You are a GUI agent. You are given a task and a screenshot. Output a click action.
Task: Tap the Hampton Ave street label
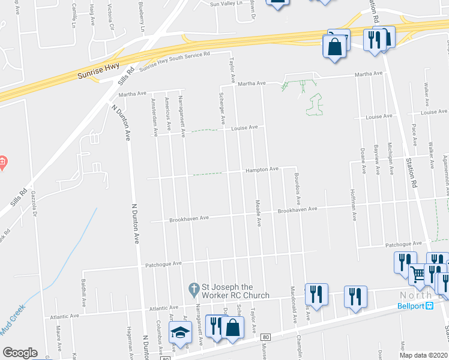click(x=262, y=170)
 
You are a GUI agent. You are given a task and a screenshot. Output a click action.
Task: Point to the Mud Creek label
click(x=13, y=329)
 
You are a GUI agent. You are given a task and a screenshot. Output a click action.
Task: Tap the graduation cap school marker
click(x=179, y=333)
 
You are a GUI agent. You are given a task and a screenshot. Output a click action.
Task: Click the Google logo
click(x=20, y=352)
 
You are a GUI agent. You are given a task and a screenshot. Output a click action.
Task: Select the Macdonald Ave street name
click(x=292, y=308)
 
